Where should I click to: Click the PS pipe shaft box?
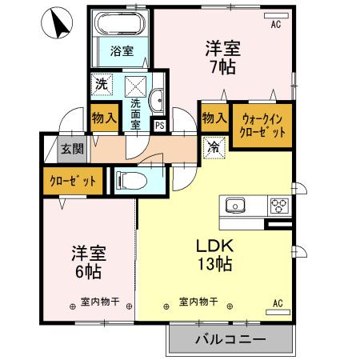click(159, 124)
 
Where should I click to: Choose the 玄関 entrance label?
click(71, 148)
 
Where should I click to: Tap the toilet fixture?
click(131, 180)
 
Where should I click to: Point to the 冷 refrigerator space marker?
click(214, 147)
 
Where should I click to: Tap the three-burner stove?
click(278, 206)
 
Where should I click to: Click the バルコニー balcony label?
click(230, 339)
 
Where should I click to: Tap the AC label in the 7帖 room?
click(276, 25)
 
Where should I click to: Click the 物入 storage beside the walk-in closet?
click(214, 118)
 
